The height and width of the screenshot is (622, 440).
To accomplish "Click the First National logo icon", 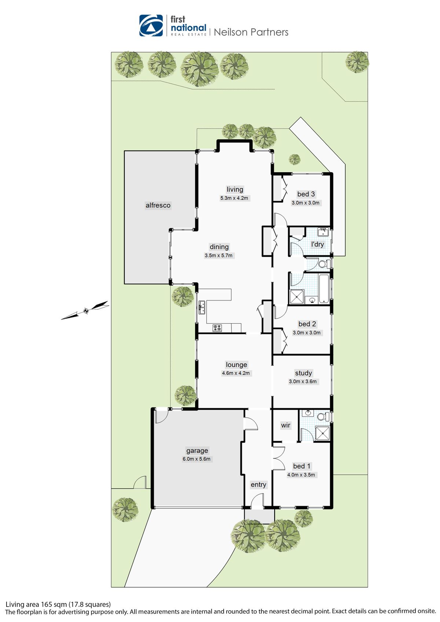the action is point(151,26).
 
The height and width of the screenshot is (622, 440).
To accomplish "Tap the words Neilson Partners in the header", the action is point(251,32).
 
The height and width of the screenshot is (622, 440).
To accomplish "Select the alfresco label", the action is point(158,205).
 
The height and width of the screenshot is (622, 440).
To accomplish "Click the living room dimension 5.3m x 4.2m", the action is point(234,198).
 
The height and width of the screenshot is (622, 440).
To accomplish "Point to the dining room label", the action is point(219,247).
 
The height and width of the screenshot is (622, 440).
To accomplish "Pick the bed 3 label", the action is point(306,194).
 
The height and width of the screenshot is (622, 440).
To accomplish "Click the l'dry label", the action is point(318,244).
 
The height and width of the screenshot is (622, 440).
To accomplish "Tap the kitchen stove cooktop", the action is point(217,328).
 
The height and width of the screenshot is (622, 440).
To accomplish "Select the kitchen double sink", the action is point(202,308).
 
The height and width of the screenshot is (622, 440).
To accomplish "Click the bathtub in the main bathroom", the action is point(324,289).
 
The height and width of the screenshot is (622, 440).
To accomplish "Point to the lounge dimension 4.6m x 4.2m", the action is point(235,373).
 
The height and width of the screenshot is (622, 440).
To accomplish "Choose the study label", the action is point(303,373).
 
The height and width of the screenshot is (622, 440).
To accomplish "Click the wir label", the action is point(286,425).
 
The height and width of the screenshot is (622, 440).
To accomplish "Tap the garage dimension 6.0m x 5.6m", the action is point(197,459).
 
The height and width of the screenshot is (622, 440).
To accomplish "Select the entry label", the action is point(258,485).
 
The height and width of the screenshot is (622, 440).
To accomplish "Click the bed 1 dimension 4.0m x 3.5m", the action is point(301,475).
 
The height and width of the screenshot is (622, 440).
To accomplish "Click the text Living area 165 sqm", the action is point(36,604).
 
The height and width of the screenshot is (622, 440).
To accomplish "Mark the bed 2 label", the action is point(307,324).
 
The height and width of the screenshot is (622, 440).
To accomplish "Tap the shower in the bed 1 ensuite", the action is point(323,434).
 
